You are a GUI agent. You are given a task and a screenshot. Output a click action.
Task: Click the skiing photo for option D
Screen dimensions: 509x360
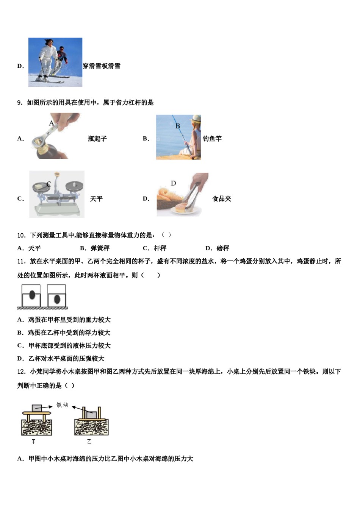(x=55, y=62)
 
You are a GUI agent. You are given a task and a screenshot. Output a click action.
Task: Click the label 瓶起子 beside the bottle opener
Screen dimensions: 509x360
(x=97, y=139)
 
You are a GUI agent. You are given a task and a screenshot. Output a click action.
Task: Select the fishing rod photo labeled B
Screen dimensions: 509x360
(x=178, y=137)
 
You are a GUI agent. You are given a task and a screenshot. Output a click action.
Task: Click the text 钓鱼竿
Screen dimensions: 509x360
(x=212, y=139)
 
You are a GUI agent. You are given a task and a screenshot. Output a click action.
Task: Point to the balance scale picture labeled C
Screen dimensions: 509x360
(x=57, y=194)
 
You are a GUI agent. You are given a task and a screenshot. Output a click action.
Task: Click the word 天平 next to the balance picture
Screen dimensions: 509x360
(x=96, y=199)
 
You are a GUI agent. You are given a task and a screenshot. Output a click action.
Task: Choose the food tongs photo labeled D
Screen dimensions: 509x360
(x=182, y=195)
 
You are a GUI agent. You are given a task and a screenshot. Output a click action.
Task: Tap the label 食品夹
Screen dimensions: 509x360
(x=222, y=199)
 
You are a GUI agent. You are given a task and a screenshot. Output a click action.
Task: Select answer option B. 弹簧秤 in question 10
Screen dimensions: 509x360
(x=95, y=248)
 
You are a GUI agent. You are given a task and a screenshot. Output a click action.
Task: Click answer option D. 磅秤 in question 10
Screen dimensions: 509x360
(x=217, y=248)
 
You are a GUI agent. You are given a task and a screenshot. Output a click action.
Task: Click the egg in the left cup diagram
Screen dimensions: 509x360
(x=32, y=295)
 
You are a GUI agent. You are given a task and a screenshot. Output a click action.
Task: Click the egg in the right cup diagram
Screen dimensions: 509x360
(x=57, y=299)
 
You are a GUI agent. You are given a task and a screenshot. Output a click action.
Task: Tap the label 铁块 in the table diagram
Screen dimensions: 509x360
(x=63, y=405)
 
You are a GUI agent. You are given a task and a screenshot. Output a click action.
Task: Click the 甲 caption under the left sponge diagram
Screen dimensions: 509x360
(x=34, y=442)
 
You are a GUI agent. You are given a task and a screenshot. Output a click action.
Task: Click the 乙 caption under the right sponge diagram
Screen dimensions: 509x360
(x=89, y=442)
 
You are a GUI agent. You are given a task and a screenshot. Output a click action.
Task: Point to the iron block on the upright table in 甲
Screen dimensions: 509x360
(x=37, y=408)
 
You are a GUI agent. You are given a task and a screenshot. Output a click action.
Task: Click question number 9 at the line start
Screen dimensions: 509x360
(x=20, y=103)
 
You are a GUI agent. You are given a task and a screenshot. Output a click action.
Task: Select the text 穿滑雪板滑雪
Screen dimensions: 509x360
(x=102, y=66)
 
